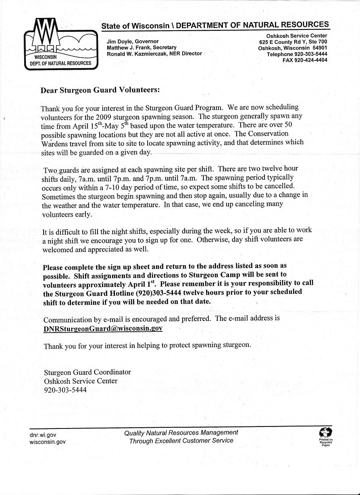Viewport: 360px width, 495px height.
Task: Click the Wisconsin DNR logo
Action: pyautogui.click(x=61, y=44)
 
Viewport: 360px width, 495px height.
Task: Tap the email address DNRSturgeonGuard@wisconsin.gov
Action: pyautogui.click(x=103, y=329)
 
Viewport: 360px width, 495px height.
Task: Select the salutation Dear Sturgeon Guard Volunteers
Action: pyautogui.click(x=100, y=90)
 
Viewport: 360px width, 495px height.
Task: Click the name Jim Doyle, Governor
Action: pyautogui.click(x=133, y=42)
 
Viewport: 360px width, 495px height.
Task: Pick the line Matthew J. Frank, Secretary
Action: pyautogui.click(x=142, y=48)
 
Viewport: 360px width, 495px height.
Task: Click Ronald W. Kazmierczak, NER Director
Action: pyautogui.click(x=154, y=54)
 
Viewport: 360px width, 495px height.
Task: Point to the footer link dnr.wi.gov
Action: pyautogui.click(x=43, y=435)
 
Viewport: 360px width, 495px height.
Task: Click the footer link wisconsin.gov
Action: pyautogui.click(x=48, y=442)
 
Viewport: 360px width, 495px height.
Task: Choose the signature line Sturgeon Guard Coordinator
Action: pyautogui.click(x=87, y=372)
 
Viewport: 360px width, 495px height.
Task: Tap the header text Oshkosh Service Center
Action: pyautogui.click(x=297, y=36)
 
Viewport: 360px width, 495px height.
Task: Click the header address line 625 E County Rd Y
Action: pyautogui.click(x=283, y=42)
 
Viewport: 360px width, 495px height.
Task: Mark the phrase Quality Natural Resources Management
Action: pyautogui.click(x=181, y=433)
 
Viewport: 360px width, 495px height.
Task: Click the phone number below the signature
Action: pyautogui.click(x=65, y=390)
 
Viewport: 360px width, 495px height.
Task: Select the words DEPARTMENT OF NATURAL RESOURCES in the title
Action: pyautogui.click(x=252, y=25)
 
